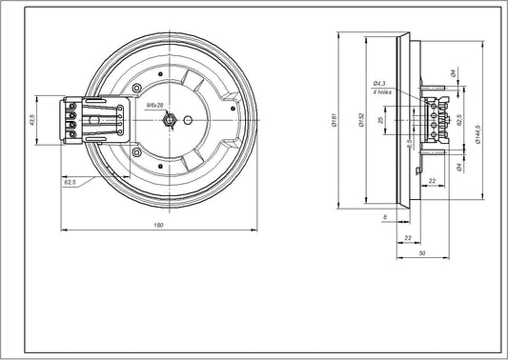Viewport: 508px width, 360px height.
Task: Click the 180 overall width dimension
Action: pos(158,225)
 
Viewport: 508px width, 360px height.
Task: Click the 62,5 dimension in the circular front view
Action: pos(70,180)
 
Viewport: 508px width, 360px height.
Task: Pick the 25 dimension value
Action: pos(381,122)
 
